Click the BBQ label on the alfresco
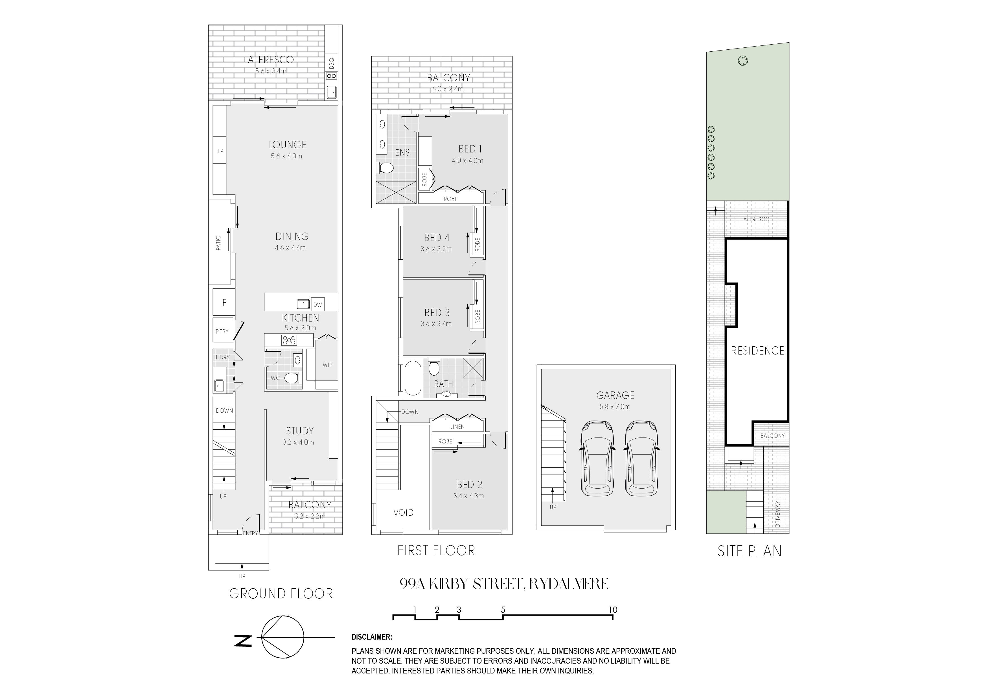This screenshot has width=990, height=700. point(331,64)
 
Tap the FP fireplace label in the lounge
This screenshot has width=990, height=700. point(220,151)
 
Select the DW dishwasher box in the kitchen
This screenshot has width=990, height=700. point(318,305)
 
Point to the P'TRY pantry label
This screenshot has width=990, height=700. point(222,332)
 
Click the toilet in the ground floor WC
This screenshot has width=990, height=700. point(292,378)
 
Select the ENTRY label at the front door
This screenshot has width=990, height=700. point(250,533)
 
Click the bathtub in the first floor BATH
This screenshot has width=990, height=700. point(413,378)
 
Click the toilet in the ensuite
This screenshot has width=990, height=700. point(386,168)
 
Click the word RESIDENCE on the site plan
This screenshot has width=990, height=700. point(757,351)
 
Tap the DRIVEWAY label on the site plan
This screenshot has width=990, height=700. point(778,514)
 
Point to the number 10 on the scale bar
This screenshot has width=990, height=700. point(613,610)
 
